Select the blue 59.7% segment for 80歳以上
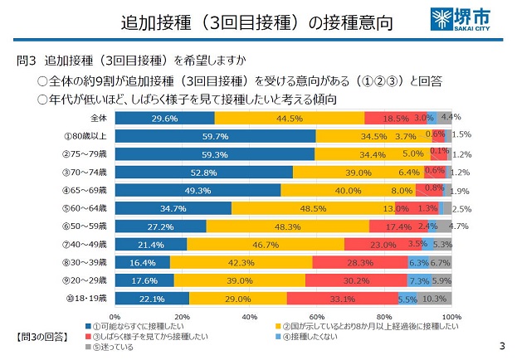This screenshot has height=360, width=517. pos(215,135)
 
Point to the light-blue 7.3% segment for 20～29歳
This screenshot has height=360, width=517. pos(418,280)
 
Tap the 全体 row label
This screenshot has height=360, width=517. pos(99,118)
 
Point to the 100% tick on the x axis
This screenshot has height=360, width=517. pos(452,317)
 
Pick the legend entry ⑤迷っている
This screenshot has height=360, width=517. pos(120,346)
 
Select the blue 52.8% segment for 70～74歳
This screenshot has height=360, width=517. pos(203,172)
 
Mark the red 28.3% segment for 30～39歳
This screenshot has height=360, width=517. pos(359,262)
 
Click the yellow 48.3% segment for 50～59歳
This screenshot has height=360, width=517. pos(288,226)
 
